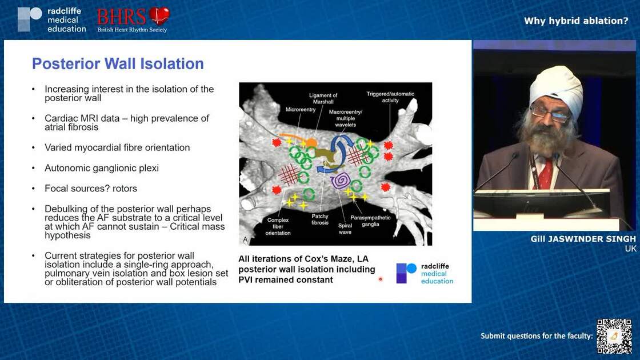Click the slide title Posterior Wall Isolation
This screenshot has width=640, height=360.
(118, 63)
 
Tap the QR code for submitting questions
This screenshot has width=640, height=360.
(614, 336)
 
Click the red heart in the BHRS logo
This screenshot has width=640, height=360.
(159, 15)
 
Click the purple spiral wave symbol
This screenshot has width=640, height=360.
(341, 181)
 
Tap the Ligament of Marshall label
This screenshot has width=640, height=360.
(323, 99)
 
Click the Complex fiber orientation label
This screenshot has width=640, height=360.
(278, 226)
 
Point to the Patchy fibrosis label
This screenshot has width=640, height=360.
(319, 219)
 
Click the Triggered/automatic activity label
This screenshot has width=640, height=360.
(390, 97)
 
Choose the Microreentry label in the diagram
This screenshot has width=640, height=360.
(301, 109)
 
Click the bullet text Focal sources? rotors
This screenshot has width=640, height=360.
(91, 188)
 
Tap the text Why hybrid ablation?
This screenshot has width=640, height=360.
(576, 21)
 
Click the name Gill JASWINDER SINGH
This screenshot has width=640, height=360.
(583, 239)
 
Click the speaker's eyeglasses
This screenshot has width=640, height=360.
(550, 114)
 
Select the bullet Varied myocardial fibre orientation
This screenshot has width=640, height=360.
(117, 147)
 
